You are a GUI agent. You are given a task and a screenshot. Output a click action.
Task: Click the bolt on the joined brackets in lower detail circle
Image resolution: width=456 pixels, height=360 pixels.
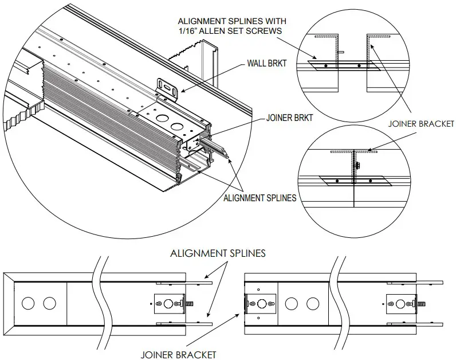click(x=357, y=166)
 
